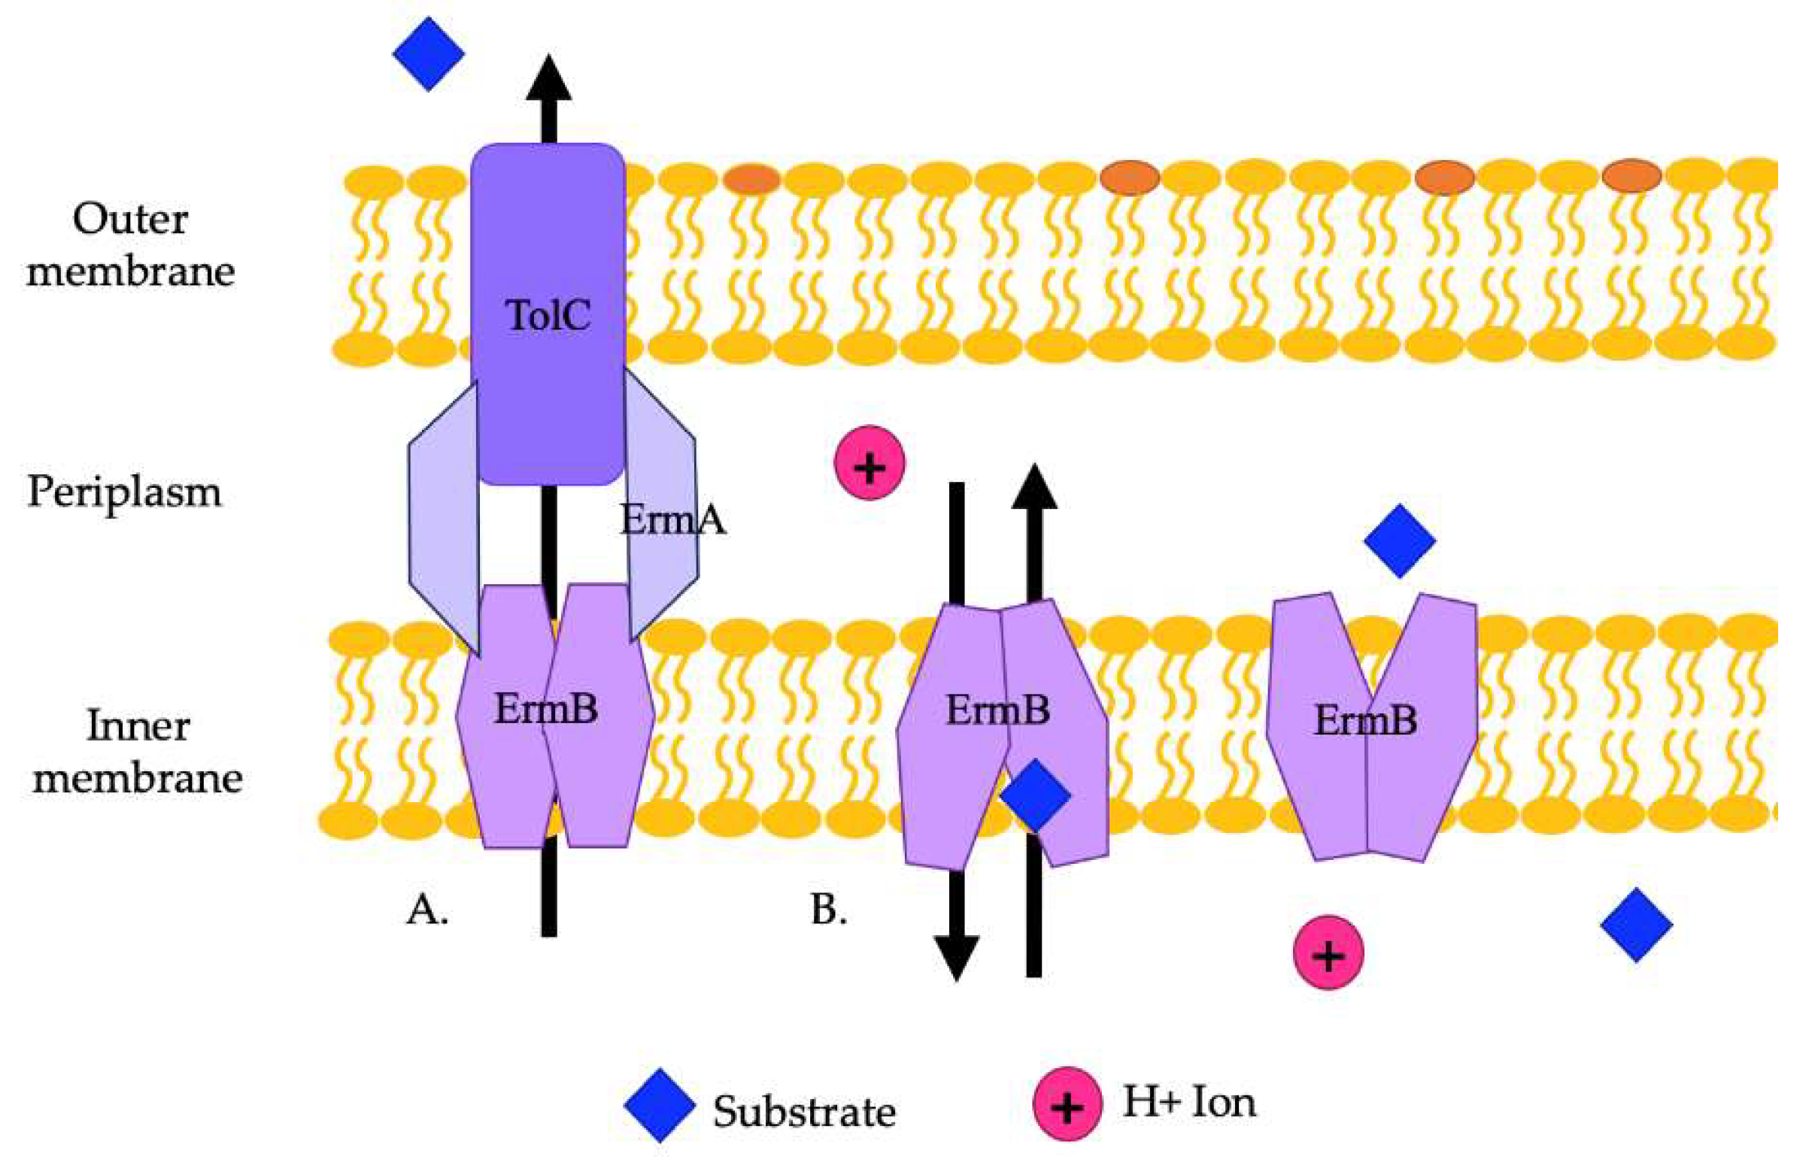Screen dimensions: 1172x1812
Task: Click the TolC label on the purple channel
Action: point(548,315)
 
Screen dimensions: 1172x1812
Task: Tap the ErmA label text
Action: point(673,520)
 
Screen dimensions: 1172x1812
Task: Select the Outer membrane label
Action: point(130,245)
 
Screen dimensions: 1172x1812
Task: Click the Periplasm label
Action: point(124,492)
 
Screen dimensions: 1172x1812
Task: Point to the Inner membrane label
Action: point(137,752)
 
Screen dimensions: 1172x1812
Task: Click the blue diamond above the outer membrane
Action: point(429,54)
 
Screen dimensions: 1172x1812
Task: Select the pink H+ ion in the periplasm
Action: point(870,463)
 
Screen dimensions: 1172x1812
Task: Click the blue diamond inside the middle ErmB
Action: point(1036,795)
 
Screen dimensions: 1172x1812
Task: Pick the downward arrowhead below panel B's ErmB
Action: point(956,959)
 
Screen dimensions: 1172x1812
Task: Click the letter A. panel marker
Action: point(427,910)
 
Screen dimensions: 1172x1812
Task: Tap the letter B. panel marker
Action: point(829,910)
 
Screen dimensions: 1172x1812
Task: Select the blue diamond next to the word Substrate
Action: point(660,1106)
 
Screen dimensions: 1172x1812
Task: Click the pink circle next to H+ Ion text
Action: point(1067,1104)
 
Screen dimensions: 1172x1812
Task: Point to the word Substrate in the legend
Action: point(804,1112)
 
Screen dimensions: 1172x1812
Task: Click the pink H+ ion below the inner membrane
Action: point(1328,952)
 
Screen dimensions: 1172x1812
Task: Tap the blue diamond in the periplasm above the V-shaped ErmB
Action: point(1399,541)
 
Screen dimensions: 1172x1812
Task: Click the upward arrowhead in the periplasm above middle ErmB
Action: point(1034,487)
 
